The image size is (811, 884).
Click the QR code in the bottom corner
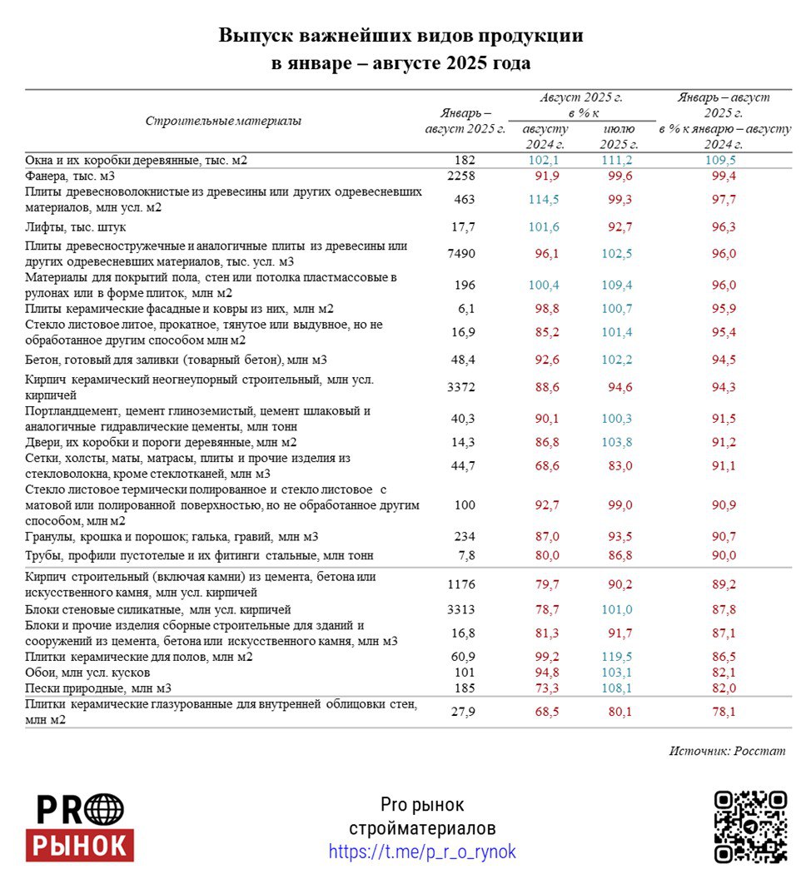750,826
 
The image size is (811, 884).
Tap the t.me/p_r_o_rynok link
422,852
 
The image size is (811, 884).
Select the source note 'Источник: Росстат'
727,751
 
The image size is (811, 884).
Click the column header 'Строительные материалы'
223,121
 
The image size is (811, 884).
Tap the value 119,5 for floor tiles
617,657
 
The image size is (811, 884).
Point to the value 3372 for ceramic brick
460,386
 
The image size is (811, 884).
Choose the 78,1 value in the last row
720,712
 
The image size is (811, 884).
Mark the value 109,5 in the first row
720,160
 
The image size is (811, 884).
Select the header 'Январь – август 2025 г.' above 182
465,121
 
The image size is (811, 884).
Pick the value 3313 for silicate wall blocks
460,608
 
